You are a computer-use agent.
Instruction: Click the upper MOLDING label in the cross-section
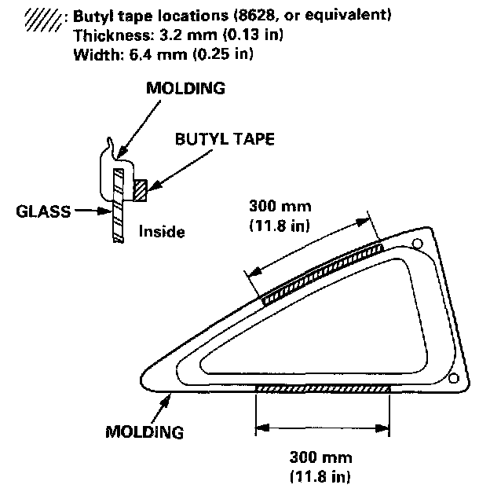tap(186, 89)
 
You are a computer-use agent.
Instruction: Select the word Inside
tap(161, 232)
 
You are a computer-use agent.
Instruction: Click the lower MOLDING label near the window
tap(145, 431)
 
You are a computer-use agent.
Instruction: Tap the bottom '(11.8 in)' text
tap(320, 476)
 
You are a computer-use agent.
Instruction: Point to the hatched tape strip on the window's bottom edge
tap(323, 388)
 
